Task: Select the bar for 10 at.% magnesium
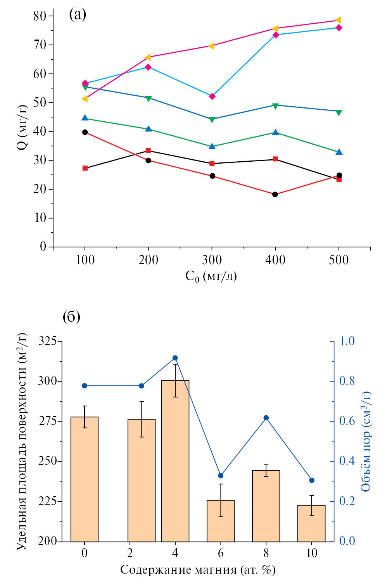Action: (311, 523)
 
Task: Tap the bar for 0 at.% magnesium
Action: (85, 479)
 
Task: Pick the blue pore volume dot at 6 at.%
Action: (221, 476)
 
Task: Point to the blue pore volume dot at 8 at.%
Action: (266, 418)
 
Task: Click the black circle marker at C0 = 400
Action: (275, 194)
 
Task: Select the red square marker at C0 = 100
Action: (85, 168)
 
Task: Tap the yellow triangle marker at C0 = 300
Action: (211, 46)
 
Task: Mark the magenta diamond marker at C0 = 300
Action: (212, 96)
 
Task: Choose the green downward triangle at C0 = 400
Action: (275, 106)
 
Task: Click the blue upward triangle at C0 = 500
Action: (339, 152)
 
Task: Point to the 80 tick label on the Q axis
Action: (40, 16)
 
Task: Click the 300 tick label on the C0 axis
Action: (212, 260)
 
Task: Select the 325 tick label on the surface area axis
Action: (48, 341)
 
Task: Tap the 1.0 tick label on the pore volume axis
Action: (347, 341)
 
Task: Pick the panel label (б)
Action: (71, 317)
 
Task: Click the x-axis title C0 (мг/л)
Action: (211, 276)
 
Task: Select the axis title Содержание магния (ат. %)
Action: (198, 570)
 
